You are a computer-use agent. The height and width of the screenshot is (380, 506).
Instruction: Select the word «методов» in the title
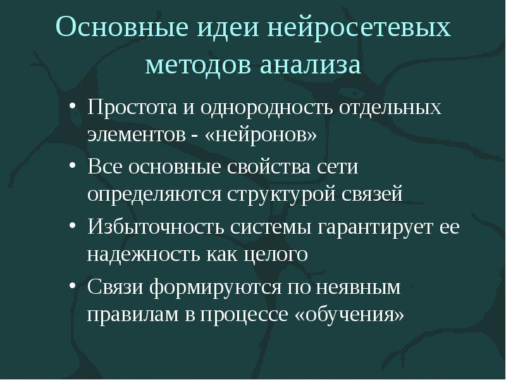pos(197,65)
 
